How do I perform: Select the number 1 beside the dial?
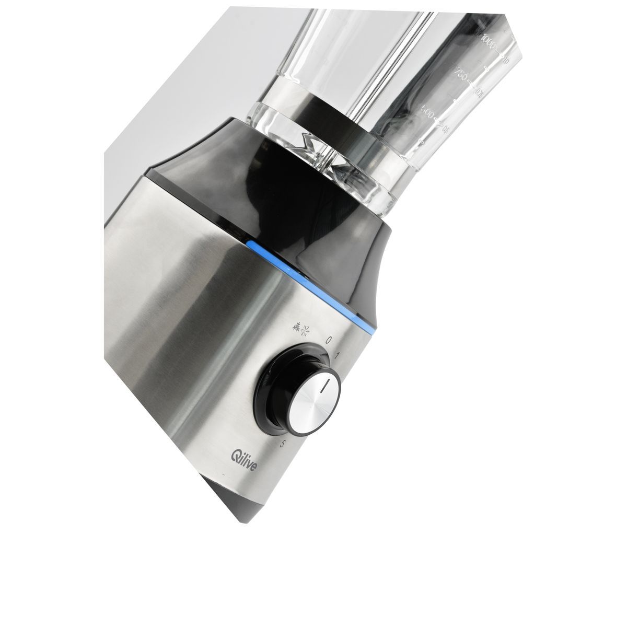[338, 356]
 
